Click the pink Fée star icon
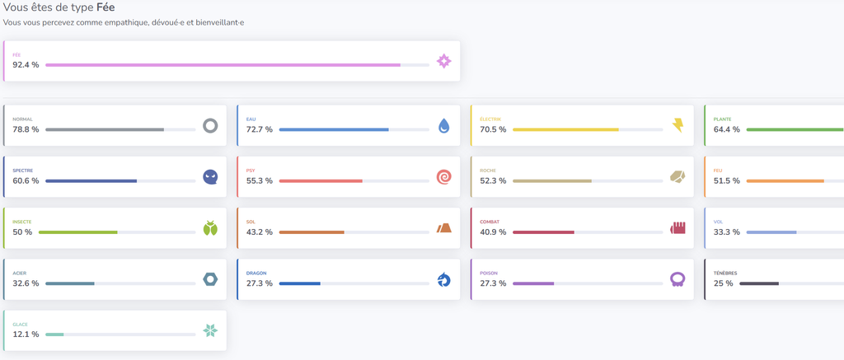point(443,61)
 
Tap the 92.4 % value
point(26,65)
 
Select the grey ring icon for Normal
point(210,126)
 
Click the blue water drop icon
point(443,126)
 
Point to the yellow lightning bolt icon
point(678,126)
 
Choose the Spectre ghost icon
point(210,177)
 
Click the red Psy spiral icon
point(443,177)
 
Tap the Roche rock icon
point(678,176)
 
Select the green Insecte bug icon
point(210,228)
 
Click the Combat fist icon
point(678,227)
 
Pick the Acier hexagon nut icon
point(210,279)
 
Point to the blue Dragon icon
point(443,280)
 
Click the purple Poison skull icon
point(678,279)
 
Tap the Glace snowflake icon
point(210,330)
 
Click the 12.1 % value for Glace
point(26,334)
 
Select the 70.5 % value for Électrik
point(493,129)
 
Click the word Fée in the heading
point(105,8)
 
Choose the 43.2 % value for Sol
point(260,232)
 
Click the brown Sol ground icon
point(443,227)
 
